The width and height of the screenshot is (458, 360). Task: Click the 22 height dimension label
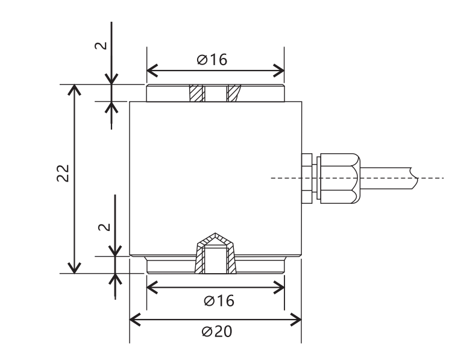click(x=63, y=173)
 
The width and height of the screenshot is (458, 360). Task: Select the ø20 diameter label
click(x=217, y=332)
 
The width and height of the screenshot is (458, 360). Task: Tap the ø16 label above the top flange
click(x=212, y=60)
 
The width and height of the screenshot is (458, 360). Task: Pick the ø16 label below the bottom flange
click(x=219, y=301)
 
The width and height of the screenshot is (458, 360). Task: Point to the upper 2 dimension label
click(x=101, y=46)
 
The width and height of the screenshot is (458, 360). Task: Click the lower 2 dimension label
click(x=105, y=227)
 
